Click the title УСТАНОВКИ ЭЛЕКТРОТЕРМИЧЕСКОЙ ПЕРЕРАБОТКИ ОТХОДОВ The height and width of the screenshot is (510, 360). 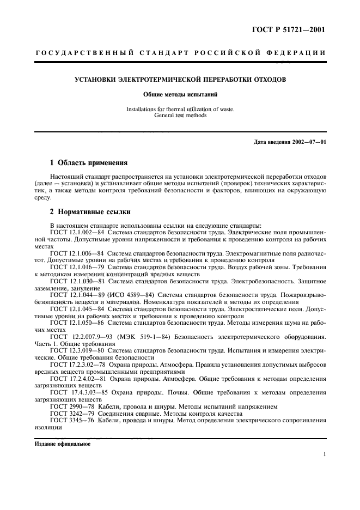[180, 80]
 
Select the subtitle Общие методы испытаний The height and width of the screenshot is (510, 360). [180, 94]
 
